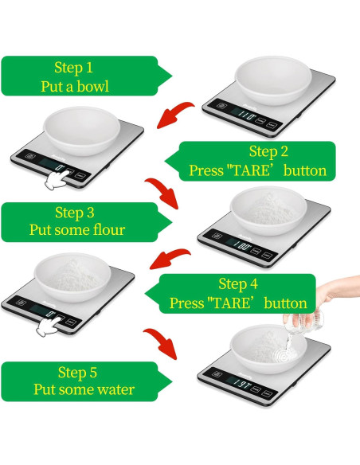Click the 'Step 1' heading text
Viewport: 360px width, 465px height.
[x=74, y=68]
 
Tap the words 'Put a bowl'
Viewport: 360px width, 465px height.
[x=74, y=86]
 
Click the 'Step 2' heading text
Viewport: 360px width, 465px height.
[x=268, y=151]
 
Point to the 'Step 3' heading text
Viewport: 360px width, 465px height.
[x=74, y=213]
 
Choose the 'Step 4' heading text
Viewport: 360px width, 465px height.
[x=237, y=284]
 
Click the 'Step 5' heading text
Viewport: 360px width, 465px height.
[x=77, y=372]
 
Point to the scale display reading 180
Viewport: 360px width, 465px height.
[x=242, y=236]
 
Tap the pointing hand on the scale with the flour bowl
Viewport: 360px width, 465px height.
[x=50, y=323]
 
